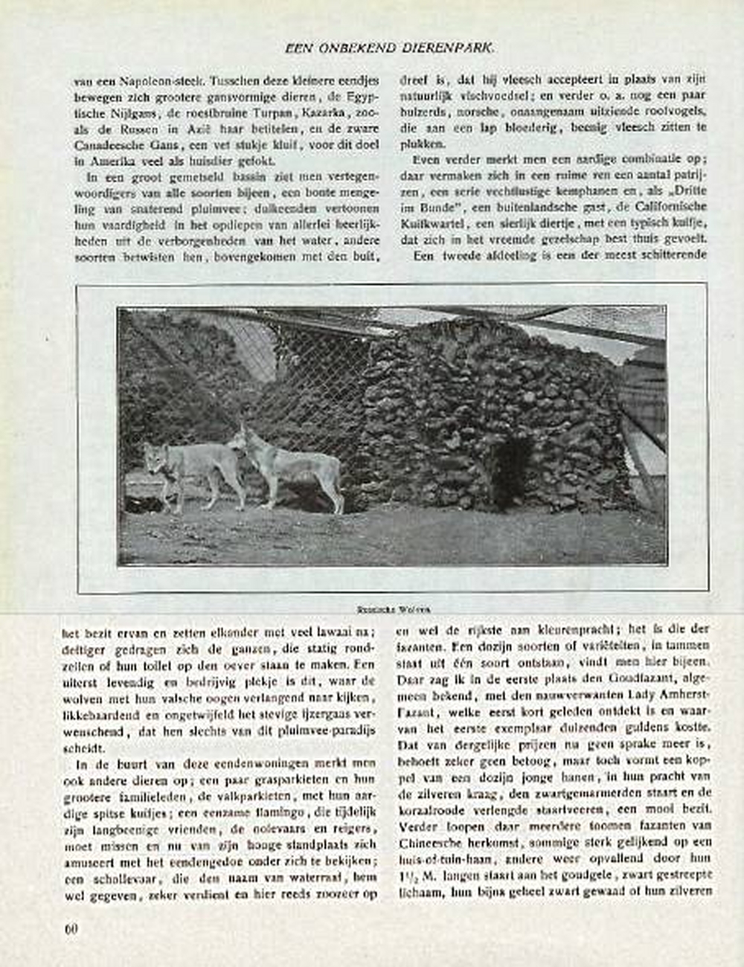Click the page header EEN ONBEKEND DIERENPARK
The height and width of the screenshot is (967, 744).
(390, 48)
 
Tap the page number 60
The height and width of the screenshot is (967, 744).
(71, 928)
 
